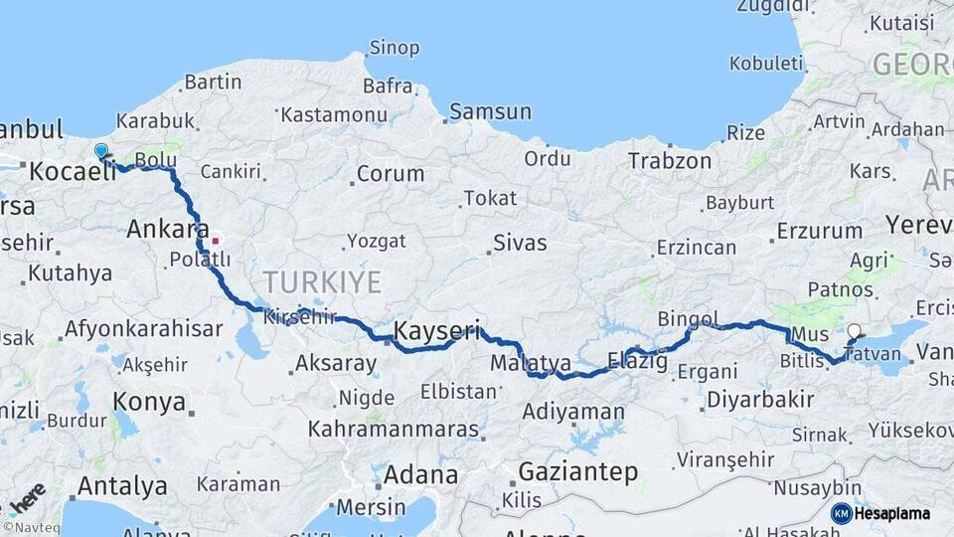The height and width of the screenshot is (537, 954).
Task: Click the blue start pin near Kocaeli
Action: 100,151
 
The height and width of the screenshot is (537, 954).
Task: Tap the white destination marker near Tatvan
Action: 856,333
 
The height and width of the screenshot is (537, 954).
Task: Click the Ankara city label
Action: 167,230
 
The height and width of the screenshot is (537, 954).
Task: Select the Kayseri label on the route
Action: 437,330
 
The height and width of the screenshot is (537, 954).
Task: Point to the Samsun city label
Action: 490,111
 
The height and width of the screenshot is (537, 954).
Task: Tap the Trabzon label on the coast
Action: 669,160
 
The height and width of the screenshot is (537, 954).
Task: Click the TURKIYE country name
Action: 322,281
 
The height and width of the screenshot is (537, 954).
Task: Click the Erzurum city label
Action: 819,231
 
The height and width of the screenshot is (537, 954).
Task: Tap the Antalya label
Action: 122,486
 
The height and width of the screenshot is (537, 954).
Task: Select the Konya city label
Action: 149,402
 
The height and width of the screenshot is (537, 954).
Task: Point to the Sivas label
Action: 520,242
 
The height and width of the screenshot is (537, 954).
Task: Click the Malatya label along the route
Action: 530,363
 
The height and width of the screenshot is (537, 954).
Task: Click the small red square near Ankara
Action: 215,240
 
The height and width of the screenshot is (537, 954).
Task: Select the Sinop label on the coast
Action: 395,47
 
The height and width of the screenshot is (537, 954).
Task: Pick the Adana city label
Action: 420,473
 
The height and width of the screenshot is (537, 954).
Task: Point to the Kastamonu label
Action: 333,114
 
